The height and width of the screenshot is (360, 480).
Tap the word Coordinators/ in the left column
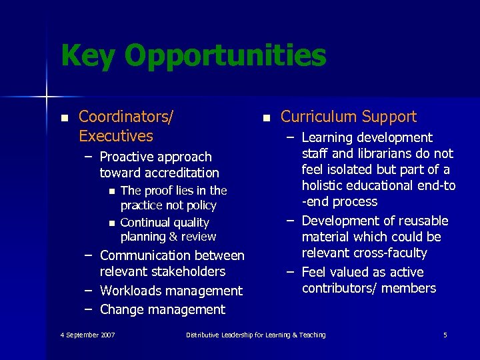point(126,117)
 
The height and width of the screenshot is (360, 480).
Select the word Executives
point(116,136)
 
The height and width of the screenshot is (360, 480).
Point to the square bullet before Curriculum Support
point(266,118)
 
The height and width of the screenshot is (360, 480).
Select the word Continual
point(143,223)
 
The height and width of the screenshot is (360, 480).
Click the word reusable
point(421,221)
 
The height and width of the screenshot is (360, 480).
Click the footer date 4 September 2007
point(87,335)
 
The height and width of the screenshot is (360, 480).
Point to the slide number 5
point(445,335)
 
